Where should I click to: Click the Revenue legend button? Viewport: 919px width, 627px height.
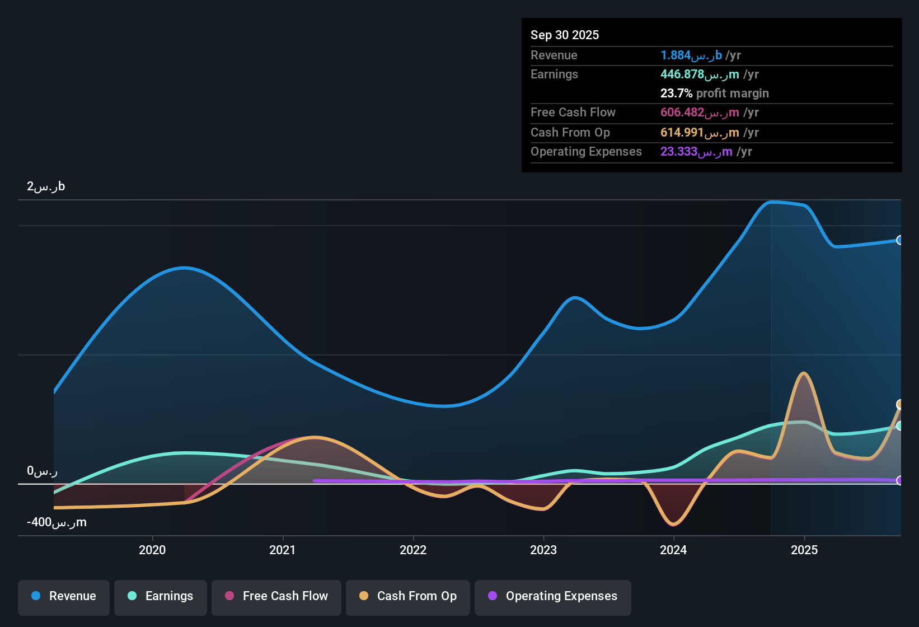pyautogui.click(x=64, y=596)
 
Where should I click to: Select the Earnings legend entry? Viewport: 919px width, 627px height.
pyautogui.click(x=161, y=596)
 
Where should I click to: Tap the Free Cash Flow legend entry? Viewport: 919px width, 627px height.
pyautogui.click(x=276, y=596)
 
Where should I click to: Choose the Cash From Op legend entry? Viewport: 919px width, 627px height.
pyautogui.click(x=408, y=596)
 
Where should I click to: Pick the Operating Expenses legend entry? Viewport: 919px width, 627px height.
pyautogui.click(x=553, y=596)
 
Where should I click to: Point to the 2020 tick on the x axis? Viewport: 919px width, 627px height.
pyautogui.click(x=152, y=550)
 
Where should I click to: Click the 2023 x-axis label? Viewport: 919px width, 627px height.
pyautogui.click(x=543, y=550)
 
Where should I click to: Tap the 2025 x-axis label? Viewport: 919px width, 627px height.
pyautogui.click(x=804, y=550)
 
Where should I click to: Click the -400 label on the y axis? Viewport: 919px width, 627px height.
pyautogui.click(x=57, y=522)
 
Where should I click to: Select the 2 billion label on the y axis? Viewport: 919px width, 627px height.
pyautogui.click(x=46, y=186)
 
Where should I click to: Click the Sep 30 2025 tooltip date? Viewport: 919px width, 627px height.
pyautogui.click(x=565, y=35)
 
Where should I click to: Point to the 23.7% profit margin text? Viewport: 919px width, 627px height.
pyautogui.click(x=714, y=93)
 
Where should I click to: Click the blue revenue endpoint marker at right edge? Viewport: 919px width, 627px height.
pyautogui.click(x=899, y=240)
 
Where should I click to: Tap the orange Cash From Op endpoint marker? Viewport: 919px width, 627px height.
pyautogui.click(x=899, y=404)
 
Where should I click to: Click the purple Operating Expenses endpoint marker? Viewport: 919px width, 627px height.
pyautogui.click(x=899, y=480)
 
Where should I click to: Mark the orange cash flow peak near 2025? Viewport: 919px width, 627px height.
pyautogui.click(x=804, y=373)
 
